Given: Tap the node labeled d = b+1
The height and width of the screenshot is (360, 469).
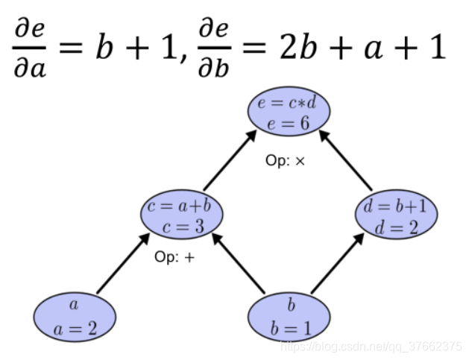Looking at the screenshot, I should (396, 215).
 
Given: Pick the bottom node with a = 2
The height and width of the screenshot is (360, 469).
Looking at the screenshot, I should (75, 316).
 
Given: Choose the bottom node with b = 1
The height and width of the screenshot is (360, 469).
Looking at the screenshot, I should (289, 316).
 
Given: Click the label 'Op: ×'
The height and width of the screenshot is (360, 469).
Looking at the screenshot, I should (286, 160).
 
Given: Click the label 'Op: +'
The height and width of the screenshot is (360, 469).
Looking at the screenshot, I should (174, 257).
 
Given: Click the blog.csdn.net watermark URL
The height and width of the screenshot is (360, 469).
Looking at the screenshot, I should (370, 347).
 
